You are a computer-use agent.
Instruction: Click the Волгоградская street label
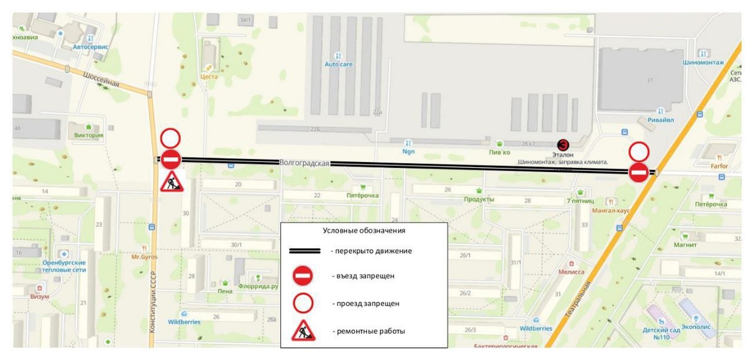coord(305,163)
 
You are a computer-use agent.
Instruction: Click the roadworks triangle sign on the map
coord(171,183)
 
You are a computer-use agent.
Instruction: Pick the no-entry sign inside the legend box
coord(303,276)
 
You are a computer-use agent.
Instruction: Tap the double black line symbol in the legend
coord(305,251)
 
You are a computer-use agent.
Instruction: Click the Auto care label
coord(338,64)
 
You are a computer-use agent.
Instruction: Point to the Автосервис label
coord(90,46)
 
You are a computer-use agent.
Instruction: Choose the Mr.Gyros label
coord(145,257)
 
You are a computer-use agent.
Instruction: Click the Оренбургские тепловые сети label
coord(64,266)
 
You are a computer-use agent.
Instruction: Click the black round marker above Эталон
coord(563,145)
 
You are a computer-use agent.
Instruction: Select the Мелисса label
coord(571,272)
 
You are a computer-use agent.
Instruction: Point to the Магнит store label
coord(686,245)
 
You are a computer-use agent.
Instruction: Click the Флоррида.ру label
coord(258,286)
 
